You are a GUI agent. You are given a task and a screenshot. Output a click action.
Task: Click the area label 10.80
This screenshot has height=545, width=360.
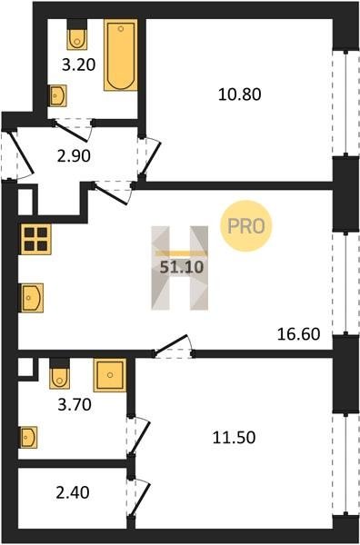[x=240, y=94]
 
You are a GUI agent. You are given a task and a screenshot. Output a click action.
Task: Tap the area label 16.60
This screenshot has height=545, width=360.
[x=299, y=334]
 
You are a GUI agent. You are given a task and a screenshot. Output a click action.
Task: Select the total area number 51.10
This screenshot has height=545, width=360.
[x=181, y=267]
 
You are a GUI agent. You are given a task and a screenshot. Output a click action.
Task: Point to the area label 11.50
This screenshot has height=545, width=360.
[x=234, y=437]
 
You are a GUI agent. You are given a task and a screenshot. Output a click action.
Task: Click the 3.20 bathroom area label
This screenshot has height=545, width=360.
[x=78, y=64]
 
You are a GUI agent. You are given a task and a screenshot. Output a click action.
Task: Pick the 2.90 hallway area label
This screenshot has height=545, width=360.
[x=74, y=156]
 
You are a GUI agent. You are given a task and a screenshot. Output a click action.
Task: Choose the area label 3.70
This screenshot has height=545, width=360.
[x=75, y=404]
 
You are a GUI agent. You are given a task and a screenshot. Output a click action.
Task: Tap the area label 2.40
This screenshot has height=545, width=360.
[x=73, y=492]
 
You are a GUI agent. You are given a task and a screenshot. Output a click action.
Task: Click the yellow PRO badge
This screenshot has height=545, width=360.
[x=246, y=226]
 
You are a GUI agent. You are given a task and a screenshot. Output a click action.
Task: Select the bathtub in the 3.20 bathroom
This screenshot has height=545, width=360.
[x=121, y=54]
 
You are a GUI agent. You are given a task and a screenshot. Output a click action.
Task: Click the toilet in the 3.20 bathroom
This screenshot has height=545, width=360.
[x=77, y=35]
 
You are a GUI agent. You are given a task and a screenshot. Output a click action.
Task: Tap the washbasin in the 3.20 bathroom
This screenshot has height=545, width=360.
[x=57, y=95]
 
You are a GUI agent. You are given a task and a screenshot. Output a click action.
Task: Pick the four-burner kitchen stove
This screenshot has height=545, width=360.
[x=35, y=239]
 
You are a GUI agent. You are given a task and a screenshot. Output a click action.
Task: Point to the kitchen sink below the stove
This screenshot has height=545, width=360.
[x=31, y=298]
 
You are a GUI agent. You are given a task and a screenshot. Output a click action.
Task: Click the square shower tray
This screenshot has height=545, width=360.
[x=110, y=375]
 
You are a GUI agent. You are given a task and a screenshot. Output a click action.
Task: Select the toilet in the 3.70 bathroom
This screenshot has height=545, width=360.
[x=59, y=373]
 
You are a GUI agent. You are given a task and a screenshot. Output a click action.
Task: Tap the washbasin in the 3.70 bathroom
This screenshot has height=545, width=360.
[x=28, y=437]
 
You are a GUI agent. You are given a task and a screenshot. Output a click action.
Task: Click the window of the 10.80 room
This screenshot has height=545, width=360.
[x=346, y=104]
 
